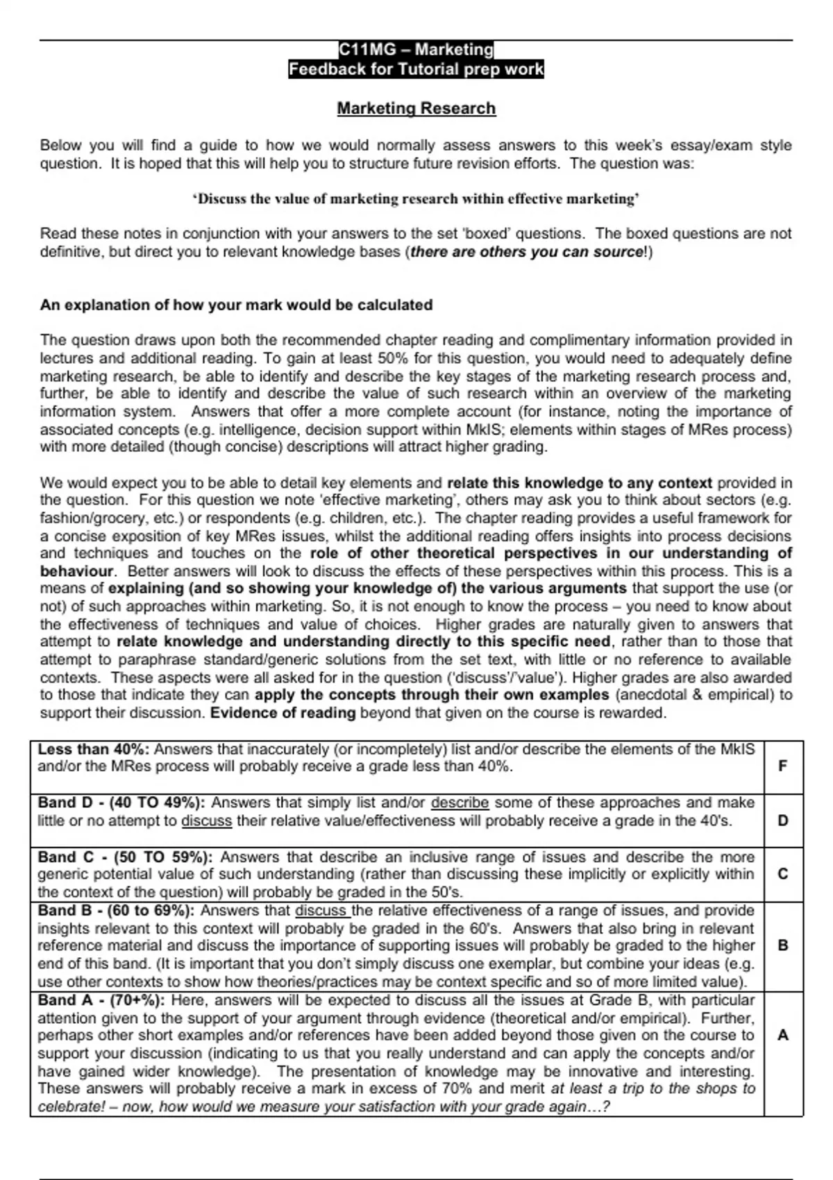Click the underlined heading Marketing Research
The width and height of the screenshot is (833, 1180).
[x=416, y=108]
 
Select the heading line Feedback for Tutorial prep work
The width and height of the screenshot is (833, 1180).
[x=416, y=69]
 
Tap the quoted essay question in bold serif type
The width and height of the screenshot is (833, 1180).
[x=416, y=199]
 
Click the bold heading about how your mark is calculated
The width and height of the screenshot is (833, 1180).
[x=236, y=305]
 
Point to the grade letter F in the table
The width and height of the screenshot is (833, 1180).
[x=783, y=766]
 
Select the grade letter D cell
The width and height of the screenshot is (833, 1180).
[x=783, y=820]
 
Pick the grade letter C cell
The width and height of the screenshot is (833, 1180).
[x=783, y=874]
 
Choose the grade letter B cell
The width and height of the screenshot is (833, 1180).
[x=783, y=945]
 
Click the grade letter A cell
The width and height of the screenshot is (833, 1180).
[x=783, y=1035]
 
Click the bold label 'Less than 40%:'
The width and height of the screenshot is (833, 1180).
[x=94, y=750]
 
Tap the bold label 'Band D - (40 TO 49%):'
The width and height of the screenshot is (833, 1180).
[x=121, y=803]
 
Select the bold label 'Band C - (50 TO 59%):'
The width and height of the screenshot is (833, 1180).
[x=125, y=857]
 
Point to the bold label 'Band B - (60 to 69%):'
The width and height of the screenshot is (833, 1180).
[x=116, y=911]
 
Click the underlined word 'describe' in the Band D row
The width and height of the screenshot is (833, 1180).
[x=460, y=803]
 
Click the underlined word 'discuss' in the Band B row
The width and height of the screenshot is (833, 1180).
[x=321, y=911]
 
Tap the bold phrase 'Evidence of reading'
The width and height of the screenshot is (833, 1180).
[x=283, y=713]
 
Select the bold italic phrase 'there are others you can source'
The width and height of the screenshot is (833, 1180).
[x=527, y=252]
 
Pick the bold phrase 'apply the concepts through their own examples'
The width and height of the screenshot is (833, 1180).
[x=432, y=695]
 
